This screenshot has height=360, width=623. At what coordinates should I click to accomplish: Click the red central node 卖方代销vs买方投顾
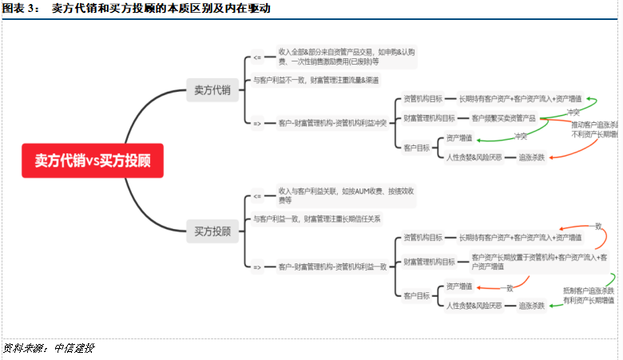tap(93, 160)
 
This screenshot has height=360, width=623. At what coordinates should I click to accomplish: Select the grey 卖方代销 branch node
tap(212, 90)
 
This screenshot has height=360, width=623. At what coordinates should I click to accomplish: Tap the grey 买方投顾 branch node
tap(212, 231)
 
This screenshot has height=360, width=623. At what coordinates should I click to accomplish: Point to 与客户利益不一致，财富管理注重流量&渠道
tap(315, 80)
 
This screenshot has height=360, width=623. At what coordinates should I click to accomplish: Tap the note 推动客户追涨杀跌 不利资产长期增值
tap(594, 129)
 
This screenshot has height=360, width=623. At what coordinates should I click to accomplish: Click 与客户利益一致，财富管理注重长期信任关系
tap(317, 219)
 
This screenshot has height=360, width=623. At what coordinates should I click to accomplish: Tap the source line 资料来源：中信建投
tap(48, 348)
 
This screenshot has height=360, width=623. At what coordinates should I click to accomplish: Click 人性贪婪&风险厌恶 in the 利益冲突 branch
tap(474, 157)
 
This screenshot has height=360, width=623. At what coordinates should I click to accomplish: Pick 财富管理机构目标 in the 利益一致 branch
tap(429, 262)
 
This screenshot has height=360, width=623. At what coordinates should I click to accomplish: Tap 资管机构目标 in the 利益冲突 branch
tap(423, 99)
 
